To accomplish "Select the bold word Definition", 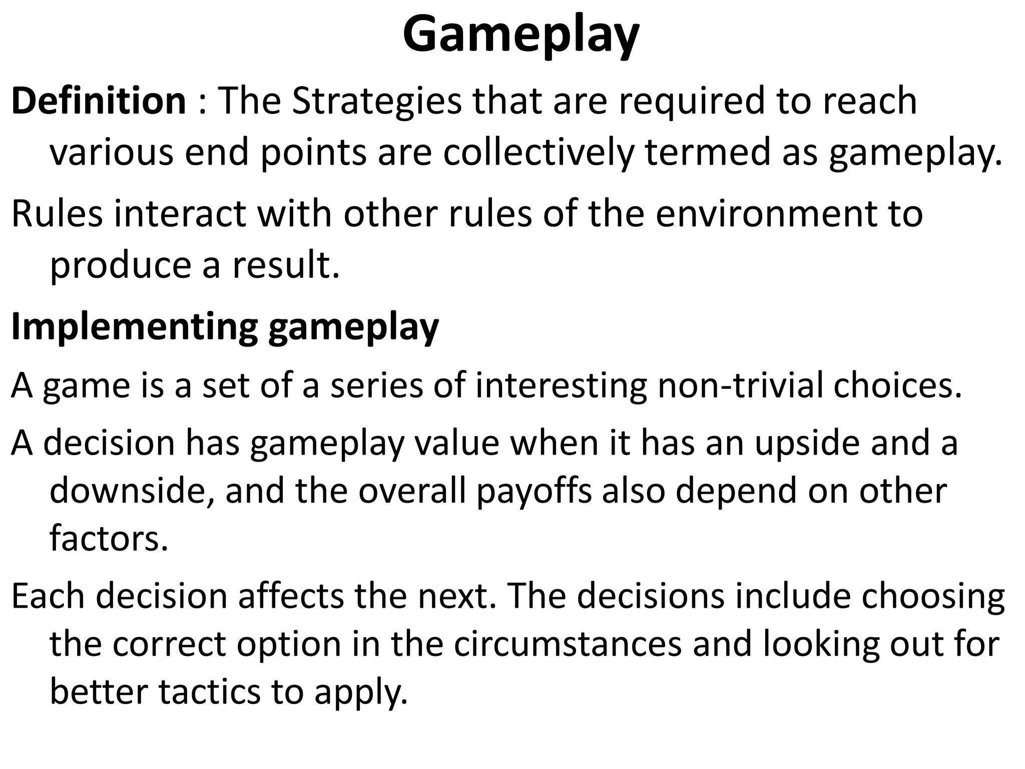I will coord(99,101).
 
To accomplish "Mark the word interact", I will coord(179,213).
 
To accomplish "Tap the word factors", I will coord(109,538).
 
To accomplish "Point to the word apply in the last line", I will coord(361,693).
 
